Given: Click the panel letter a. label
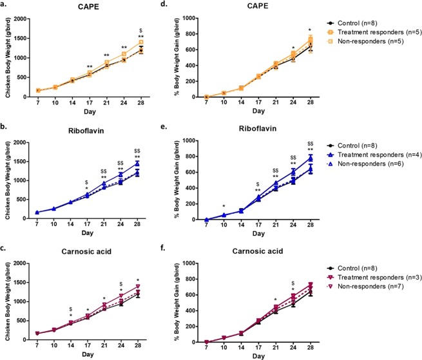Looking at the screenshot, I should [x=5, y=5].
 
